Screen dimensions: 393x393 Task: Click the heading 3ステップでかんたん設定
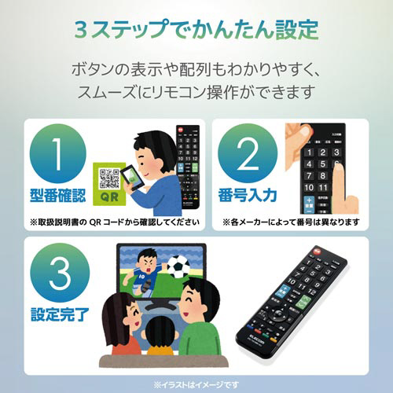[196, 30]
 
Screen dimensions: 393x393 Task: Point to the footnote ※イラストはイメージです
[196, 383]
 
